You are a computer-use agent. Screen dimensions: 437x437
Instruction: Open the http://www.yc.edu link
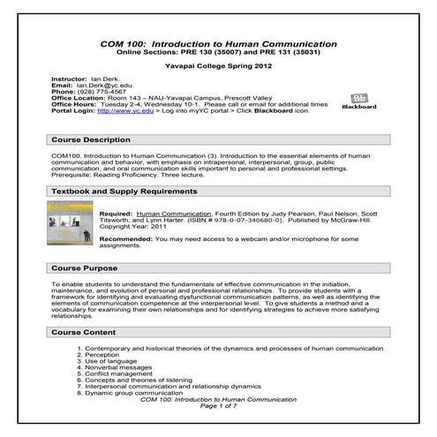coord(117,110)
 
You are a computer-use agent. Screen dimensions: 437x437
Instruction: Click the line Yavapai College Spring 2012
coord(218,64)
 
